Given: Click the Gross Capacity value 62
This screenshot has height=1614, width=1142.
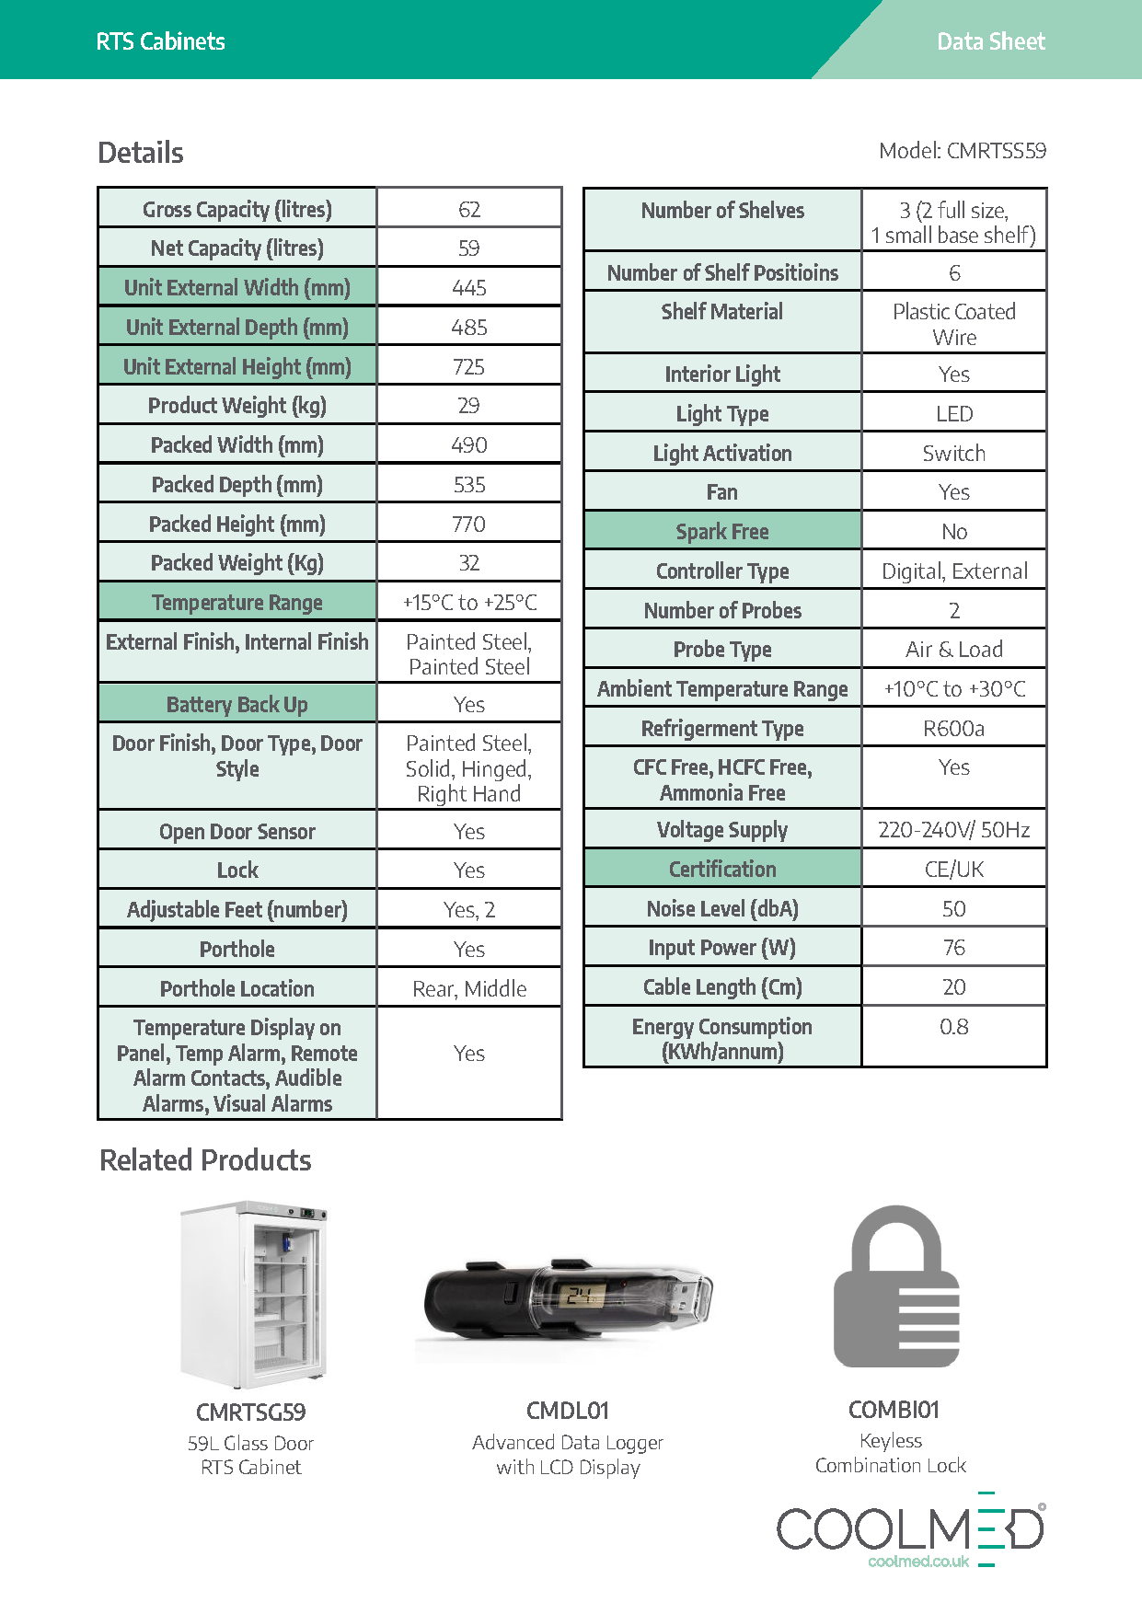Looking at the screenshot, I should coord(469,210).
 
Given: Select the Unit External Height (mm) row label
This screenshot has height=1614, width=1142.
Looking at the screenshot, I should coord(237,367).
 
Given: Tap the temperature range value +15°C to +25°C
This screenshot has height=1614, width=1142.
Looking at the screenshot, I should coord(469,603).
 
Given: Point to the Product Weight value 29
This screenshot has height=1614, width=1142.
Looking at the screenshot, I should coord(469,406).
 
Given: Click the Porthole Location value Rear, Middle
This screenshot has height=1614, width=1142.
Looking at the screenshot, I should coord(469,989).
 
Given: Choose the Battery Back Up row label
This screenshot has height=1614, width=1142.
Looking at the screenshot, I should coord(237,705).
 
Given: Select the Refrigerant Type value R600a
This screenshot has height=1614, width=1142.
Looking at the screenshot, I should coord(953,729).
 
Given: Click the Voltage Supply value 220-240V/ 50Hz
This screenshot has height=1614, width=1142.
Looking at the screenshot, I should coord(953,830).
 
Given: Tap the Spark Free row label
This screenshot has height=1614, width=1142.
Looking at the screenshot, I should coord(722,532).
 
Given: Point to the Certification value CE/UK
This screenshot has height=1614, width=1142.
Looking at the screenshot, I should coord(953,870).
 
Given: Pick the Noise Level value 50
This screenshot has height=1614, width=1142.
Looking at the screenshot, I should coord(953,909).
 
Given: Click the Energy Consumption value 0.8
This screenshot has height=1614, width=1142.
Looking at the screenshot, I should coord(953,1027).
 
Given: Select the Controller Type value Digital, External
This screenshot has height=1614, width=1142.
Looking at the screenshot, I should coord(953,571).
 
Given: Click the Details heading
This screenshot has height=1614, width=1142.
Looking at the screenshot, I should coord(141,153).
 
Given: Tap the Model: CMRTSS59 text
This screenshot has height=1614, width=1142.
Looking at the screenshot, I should coord(962,151).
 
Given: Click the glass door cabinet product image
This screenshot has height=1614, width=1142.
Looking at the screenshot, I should coord(252,1293).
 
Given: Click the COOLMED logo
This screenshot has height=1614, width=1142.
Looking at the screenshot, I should coord(911,1529).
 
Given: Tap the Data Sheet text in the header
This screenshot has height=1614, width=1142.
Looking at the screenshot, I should coord(990,41).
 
